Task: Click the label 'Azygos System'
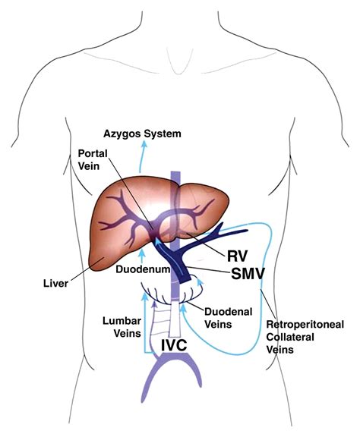142,134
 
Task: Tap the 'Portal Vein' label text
93,159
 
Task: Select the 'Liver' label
55,284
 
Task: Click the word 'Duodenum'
143,269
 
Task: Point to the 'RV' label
237,256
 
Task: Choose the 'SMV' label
248,274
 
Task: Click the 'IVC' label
174,345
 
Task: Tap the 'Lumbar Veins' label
122,327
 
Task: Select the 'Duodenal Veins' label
229,318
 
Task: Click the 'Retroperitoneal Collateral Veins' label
305,337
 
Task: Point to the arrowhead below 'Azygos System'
144,144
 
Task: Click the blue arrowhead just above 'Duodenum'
142,253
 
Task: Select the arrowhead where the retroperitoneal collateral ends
183,308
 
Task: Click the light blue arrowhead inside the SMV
158,241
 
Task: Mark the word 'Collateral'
290,337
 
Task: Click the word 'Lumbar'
122,321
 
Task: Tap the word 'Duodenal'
229,312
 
